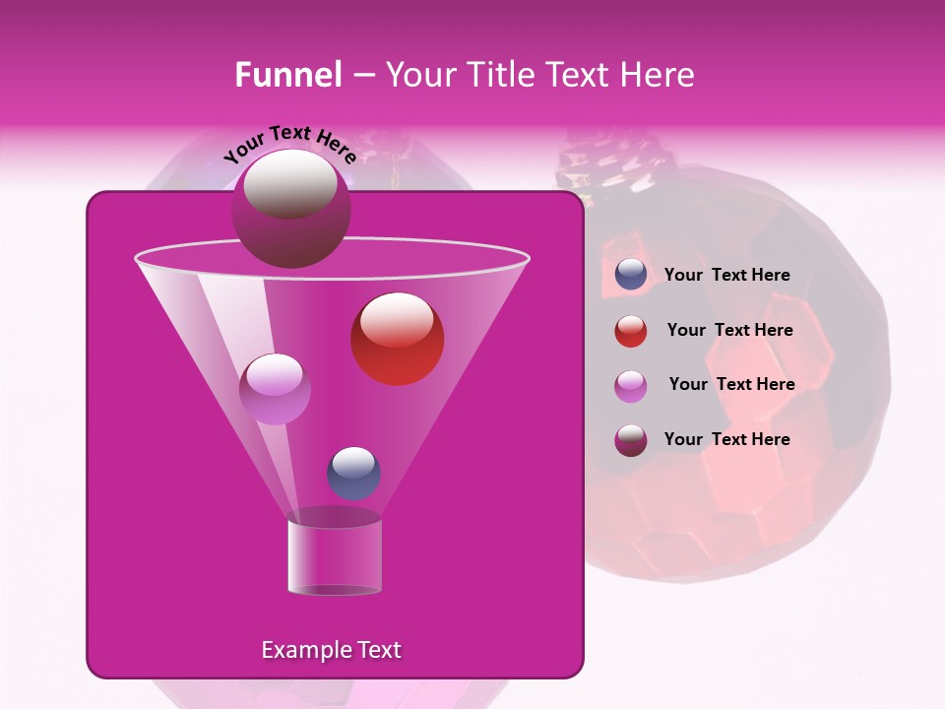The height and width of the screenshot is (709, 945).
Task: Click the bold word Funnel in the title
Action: [287, 75]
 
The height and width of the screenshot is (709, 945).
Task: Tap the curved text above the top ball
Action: [289, 144]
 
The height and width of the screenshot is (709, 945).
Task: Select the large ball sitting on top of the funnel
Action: [290, 208]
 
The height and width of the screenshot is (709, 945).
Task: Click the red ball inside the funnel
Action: [397, 339]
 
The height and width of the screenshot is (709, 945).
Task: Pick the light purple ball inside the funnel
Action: [275, 388]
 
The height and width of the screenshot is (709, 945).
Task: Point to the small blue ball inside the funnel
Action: [353, 473]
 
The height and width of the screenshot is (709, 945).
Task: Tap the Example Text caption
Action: [331, 650]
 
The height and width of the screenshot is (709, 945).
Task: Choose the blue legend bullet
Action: [631, 275]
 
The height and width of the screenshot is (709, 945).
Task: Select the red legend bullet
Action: [631, 331]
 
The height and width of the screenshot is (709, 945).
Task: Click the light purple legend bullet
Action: [631, 386]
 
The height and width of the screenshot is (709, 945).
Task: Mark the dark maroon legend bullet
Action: [631, 440]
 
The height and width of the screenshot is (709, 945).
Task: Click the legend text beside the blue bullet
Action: [726, 276]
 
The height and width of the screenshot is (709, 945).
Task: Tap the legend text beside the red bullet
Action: [729, 331]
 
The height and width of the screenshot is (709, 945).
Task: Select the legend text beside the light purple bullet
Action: [731, 385]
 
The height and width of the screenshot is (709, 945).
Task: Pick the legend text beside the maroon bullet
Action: [726, 439]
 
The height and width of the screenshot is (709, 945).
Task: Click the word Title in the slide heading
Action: [502, 75]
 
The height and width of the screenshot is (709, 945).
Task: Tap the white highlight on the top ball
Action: [290, 184]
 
